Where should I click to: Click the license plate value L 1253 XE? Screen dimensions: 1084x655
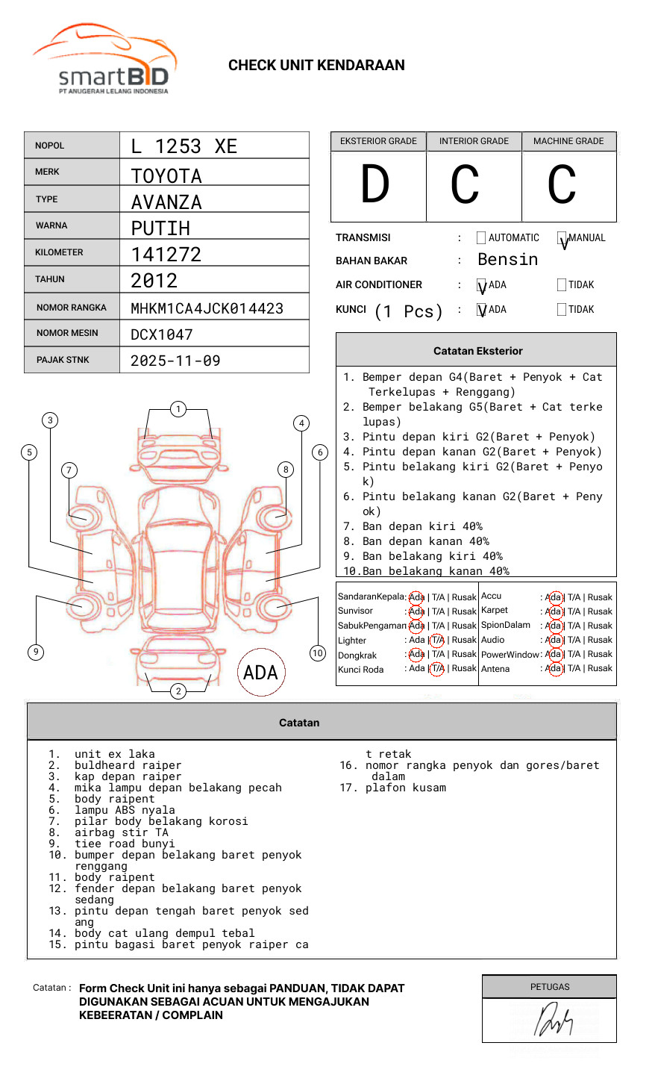(x=184, y=146)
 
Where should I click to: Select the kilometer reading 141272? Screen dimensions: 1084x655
(x=166, y=255)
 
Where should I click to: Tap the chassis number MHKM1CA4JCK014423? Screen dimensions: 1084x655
(x=207, y=308)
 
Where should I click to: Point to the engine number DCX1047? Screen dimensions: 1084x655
(x=161, y=334)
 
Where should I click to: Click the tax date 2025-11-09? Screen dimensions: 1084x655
(x=175, y=361)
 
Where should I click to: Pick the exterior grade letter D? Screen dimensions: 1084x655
(x=375, y=185)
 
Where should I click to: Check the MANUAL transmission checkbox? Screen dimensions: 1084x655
(x=562, y=239)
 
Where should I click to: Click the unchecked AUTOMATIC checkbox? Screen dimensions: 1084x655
(x=480, y=238)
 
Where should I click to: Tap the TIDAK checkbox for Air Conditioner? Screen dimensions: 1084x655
(x=562, y=285)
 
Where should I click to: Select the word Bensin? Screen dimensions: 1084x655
(x=507, y=260)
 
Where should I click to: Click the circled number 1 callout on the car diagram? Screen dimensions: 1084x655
(x=178, y=409)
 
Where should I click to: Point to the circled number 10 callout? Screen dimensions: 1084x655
(x=318, y=652)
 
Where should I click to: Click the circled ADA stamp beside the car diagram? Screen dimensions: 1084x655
(x=260, y=672)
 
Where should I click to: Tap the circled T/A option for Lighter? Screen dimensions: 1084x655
(x=437, y=640)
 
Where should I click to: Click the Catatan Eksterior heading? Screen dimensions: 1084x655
(x=477, y=351)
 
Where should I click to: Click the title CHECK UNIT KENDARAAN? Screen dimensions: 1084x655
(x=316, y=66)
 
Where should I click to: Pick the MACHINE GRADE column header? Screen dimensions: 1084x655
(x=568, y=141)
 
